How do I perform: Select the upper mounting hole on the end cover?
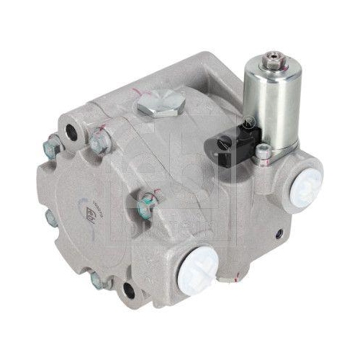click(71, 132)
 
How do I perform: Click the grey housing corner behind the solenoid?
click(209, 65)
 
